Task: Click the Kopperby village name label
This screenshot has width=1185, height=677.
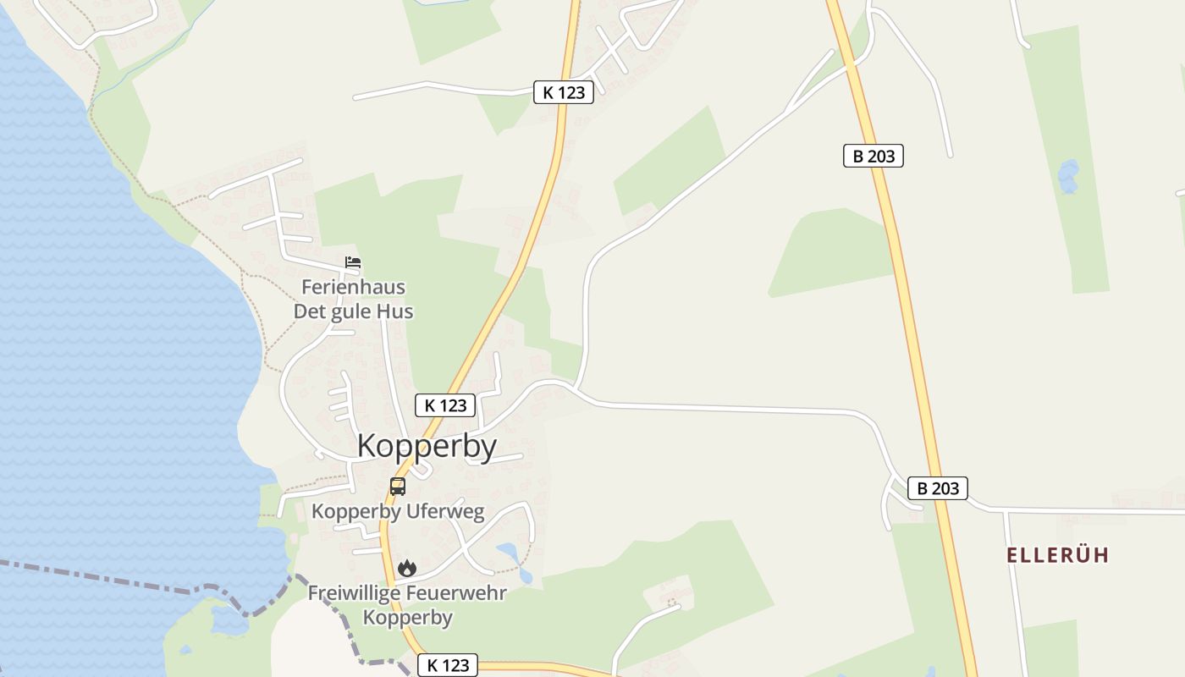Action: point(427,446)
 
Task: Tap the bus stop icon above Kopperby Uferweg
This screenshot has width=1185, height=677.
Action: point(398,487)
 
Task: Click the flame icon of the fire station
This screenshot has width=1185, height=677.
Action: point(407,568)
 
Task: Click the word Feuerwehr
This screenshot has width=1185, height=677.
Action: point(457,592)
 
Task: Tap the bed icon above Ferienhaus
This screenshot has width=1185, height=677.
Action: point(353,262)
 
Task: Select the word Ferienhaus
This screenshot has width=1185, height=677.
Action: point(353,287)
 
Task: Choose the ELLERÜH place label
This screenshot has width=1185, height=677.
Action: point(1057,555)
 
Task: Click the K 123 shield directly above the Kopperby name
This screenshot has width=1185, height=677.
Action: point(445,405)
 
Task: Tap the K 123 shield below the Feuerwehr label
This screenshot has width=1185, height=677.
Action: point(449,665)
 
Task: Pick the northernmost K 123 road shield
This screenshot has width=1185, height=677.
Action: point(563,92)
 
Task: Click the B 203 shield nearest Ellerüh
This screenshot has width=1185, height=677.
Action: point(937,488)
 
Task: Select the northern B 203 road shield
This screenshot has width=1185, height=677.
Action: point(874,156)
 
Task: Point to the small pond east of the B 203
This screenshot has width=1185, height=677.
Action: point(1068,176)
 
